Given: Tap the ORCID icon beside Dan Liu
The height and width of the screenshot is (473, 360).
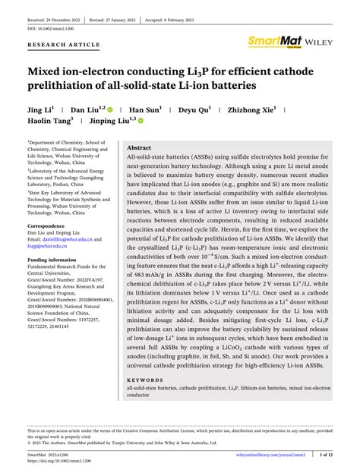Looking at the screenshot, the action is [x=111, y=109].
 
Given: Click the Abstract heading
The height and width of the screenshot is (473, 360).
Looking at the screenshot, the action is [x=138, y=148].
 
